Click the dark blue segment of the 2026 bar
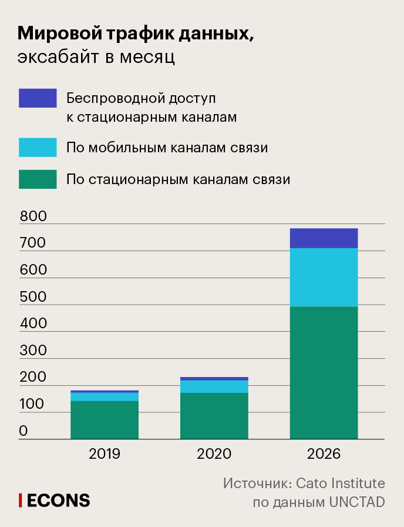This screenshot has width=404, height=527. (x=324, y=238)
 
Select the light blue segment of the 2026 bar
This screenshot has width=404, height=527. (x=324, y=277)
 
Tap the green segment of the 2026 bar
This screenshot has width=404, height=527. (x=324, y=372)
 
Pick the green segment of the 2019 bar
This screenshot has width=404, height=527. (x=105, y=419)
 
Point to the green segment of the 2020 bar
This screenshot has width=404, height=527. (x=214, y=415)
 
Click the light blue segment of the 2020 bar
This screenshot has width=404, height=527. (x=214, y=386)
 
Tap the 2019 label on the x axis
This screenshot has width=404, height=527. (x=105, y=454)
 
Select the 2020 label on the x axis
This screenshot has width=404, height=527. (x=214, y=454)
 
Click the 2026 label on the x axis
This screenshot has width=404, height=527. (x=324, y=454)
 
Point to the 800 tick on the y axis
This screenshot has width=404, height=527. (x=33, y=216)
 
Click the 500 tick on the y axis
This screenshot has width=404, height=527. (x=33, y=296)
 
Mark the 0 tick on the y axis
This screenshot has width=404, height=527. (x=23, y=431)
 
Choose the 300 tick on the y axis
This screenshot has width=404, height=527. (x=33, y=351)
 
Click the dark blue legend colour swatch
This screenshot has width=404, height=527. (x=38, y=98)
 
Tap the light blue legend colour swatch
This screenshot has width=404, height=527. (x=38, y=147)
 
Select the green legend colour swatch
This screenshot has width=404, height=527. (x=38, y=179)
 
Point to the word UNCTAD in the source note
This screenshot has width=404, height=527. (x=356, y=502)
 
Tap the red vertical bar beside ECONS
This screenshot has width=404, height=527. (x=21, y=500)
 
